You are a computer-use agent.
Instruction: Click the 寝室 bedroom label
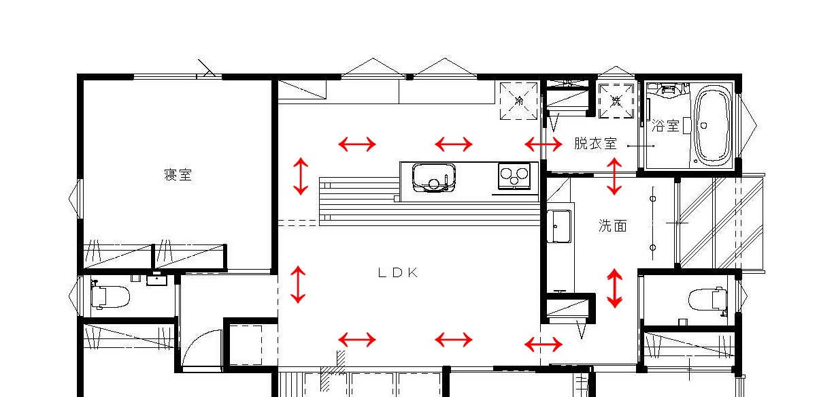[x=178, y=175]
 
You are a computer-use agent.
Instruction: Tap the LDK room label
[x=397, y=272]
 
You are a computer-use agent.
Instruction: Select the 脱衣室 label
[x=595, y=144]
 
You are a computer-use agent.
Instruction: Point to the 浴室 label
[x=665, y=126]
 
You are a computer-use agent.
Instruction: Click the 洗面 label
[x=612, y=226]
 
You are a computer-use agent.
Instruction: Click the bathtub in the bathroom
[x=712, y=125]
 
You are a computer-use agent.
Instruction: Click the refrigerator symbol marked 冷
[x=520, y=101]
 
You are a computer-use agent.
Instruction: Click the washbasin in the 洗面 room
[x=560, y=225]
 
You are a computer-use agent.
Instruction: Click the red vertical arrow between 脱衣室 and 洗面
[x=614, y=176]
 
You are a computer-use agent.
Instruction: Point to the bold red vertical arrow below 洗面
[x=615, y=288]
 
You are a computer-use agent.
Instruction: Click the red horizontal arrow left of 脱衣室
[x=544, y=144]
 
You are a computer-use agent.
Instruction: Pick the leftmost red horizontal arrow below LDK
[x=357, y=339]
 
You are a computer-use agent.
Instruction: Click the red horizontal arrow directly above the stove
[x=454, y=144]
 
